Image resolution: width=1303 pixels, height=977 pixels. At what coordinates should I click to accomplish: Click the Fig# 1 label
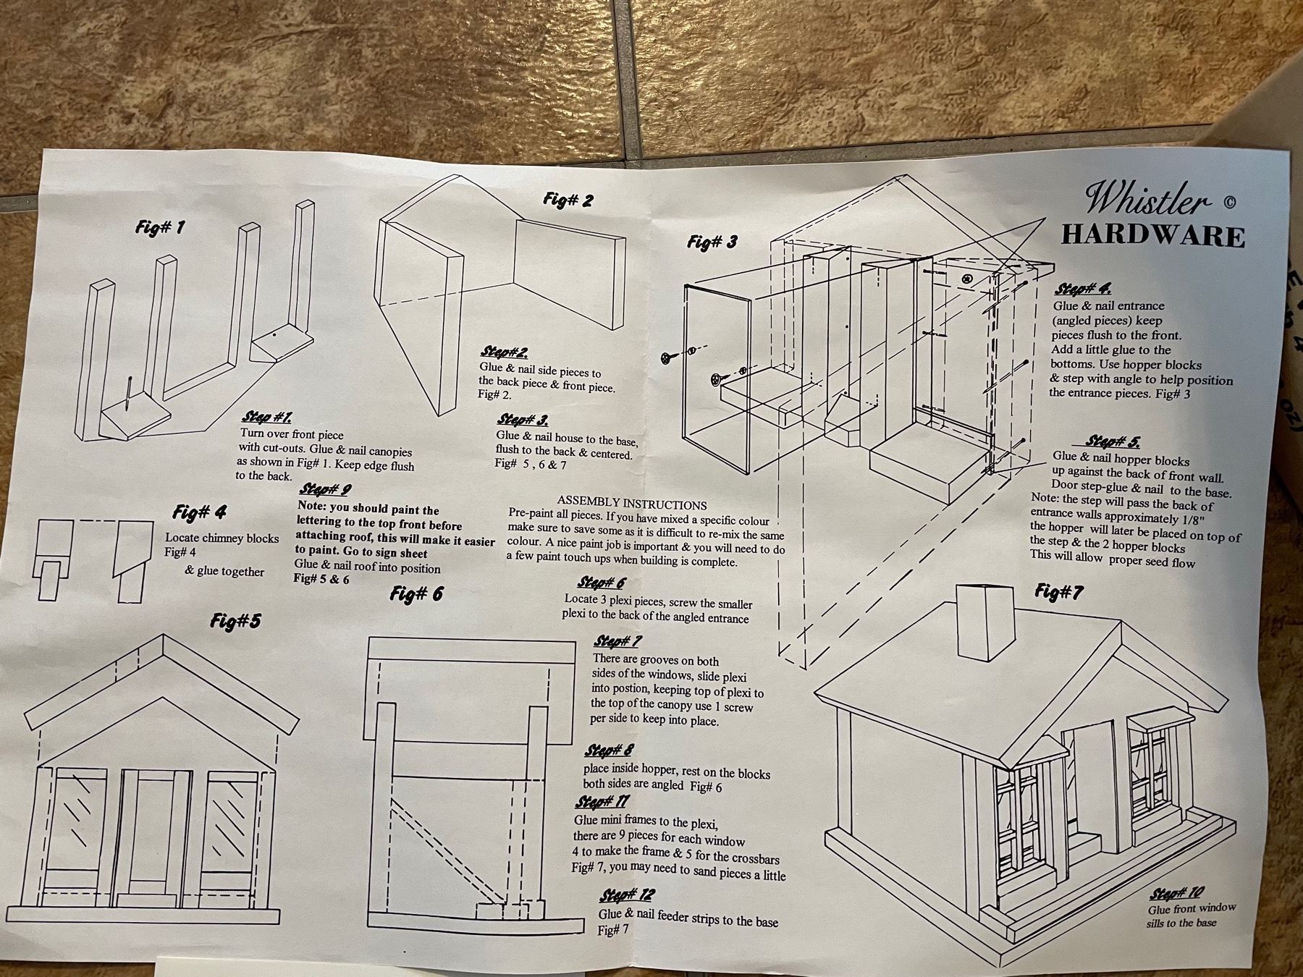[160, 227]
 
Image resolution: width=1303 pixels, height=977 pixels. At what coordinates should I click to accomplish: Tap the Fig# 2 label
[568, 200]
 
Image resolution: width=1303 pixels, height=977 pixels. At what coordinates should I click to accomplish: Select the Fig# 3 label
[712, 242]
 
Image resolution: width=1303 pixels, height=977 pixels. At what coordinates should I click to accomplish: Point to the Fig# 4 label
[200, 512]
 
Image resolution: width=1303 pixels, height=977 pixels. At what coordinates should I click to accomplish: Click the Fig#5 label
[236, 621]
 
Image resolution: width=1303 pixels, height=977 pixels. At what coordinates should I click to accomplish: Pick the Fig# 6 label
[416, 594]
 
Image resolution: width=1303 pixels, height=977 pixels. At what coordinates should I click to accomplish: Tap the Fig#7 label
[1059, 593]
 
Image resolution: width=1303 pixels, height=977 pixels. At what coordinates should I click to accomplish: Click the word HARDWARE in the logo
[1153, 237]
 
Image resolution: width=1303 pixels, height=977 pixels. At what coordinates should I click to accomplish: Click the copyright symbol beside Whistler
[1228, 203]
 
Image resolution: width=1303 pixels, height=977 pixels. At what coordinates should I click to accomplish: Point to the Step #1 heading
[267, 418]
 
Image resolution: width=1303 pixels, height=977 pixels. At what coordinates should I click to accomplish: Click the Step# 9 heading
[326, 489]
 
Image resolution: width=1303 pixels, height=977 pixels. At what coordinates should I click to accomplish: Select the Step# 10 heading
[1178, 893]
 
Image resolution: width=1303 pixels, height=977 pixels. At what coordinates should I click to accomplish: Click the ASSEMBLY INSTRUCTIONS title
[632, 504]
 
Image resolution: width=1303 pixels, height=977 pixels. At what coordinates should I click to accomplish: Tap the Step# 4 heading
[1084, 289]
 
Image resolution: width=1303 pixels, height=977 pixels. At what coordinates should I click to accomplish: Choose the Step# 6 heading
[602, 583]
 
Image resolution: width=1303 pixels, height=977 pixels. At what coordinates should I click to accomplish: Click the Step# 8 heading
[608, 750]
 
